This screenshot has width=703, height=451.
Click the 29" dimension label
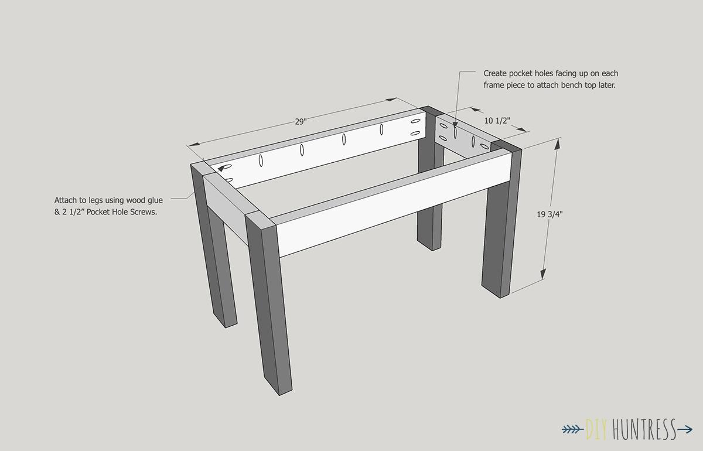[301, 121]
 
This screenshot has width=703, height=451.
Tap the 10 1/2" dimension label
[497, 121]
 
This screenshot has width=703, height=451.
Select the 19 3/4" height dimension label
[550, 214]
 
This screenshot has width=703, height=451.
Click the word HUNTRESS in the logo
[644, 429]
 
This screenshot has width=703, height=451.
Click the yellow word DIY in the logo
[597, 429]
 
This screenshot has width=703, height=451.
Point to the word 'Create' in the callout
[495, 73]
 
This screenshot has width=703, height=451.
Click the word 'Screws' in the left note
[143, 212]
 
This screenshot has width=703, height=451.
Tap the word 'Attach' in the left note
[64, 200]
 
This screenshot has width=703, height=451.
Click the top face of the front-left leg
[261, 218]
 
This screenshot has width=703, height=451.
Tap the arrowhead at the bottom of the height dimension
[543, 274]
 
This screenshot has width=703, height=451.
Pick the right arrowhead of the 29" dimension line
[391, 100]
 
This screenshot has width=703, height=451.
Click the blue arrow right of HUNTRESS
[684, 429]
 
